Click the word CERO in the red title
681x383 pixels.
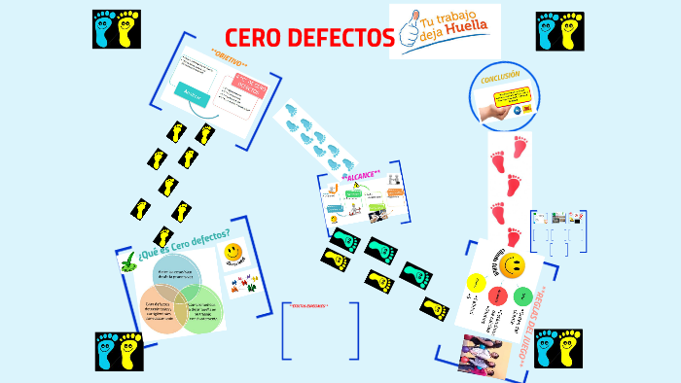pos(255,38)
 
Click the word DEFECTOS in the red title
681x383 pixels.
pos(340,38)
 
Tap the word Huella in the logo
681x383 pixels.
pos(464,40)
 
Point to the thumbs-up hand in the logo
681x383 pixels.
pos(409,29)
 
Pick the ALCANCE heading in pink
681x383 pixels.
pos(361,174)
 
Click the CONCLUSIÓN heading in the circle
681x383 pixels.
pos(500,75)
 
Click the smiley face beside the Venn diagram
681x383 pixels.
pos(233,254)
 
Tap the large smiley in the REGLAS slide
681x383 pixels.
pos(513,263)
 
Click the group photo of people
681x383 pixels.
pos(484,354)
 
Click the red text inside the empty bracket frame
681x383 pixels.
pos(310,306)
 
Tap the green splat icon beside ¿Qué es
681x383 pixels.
pos(127,261)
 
